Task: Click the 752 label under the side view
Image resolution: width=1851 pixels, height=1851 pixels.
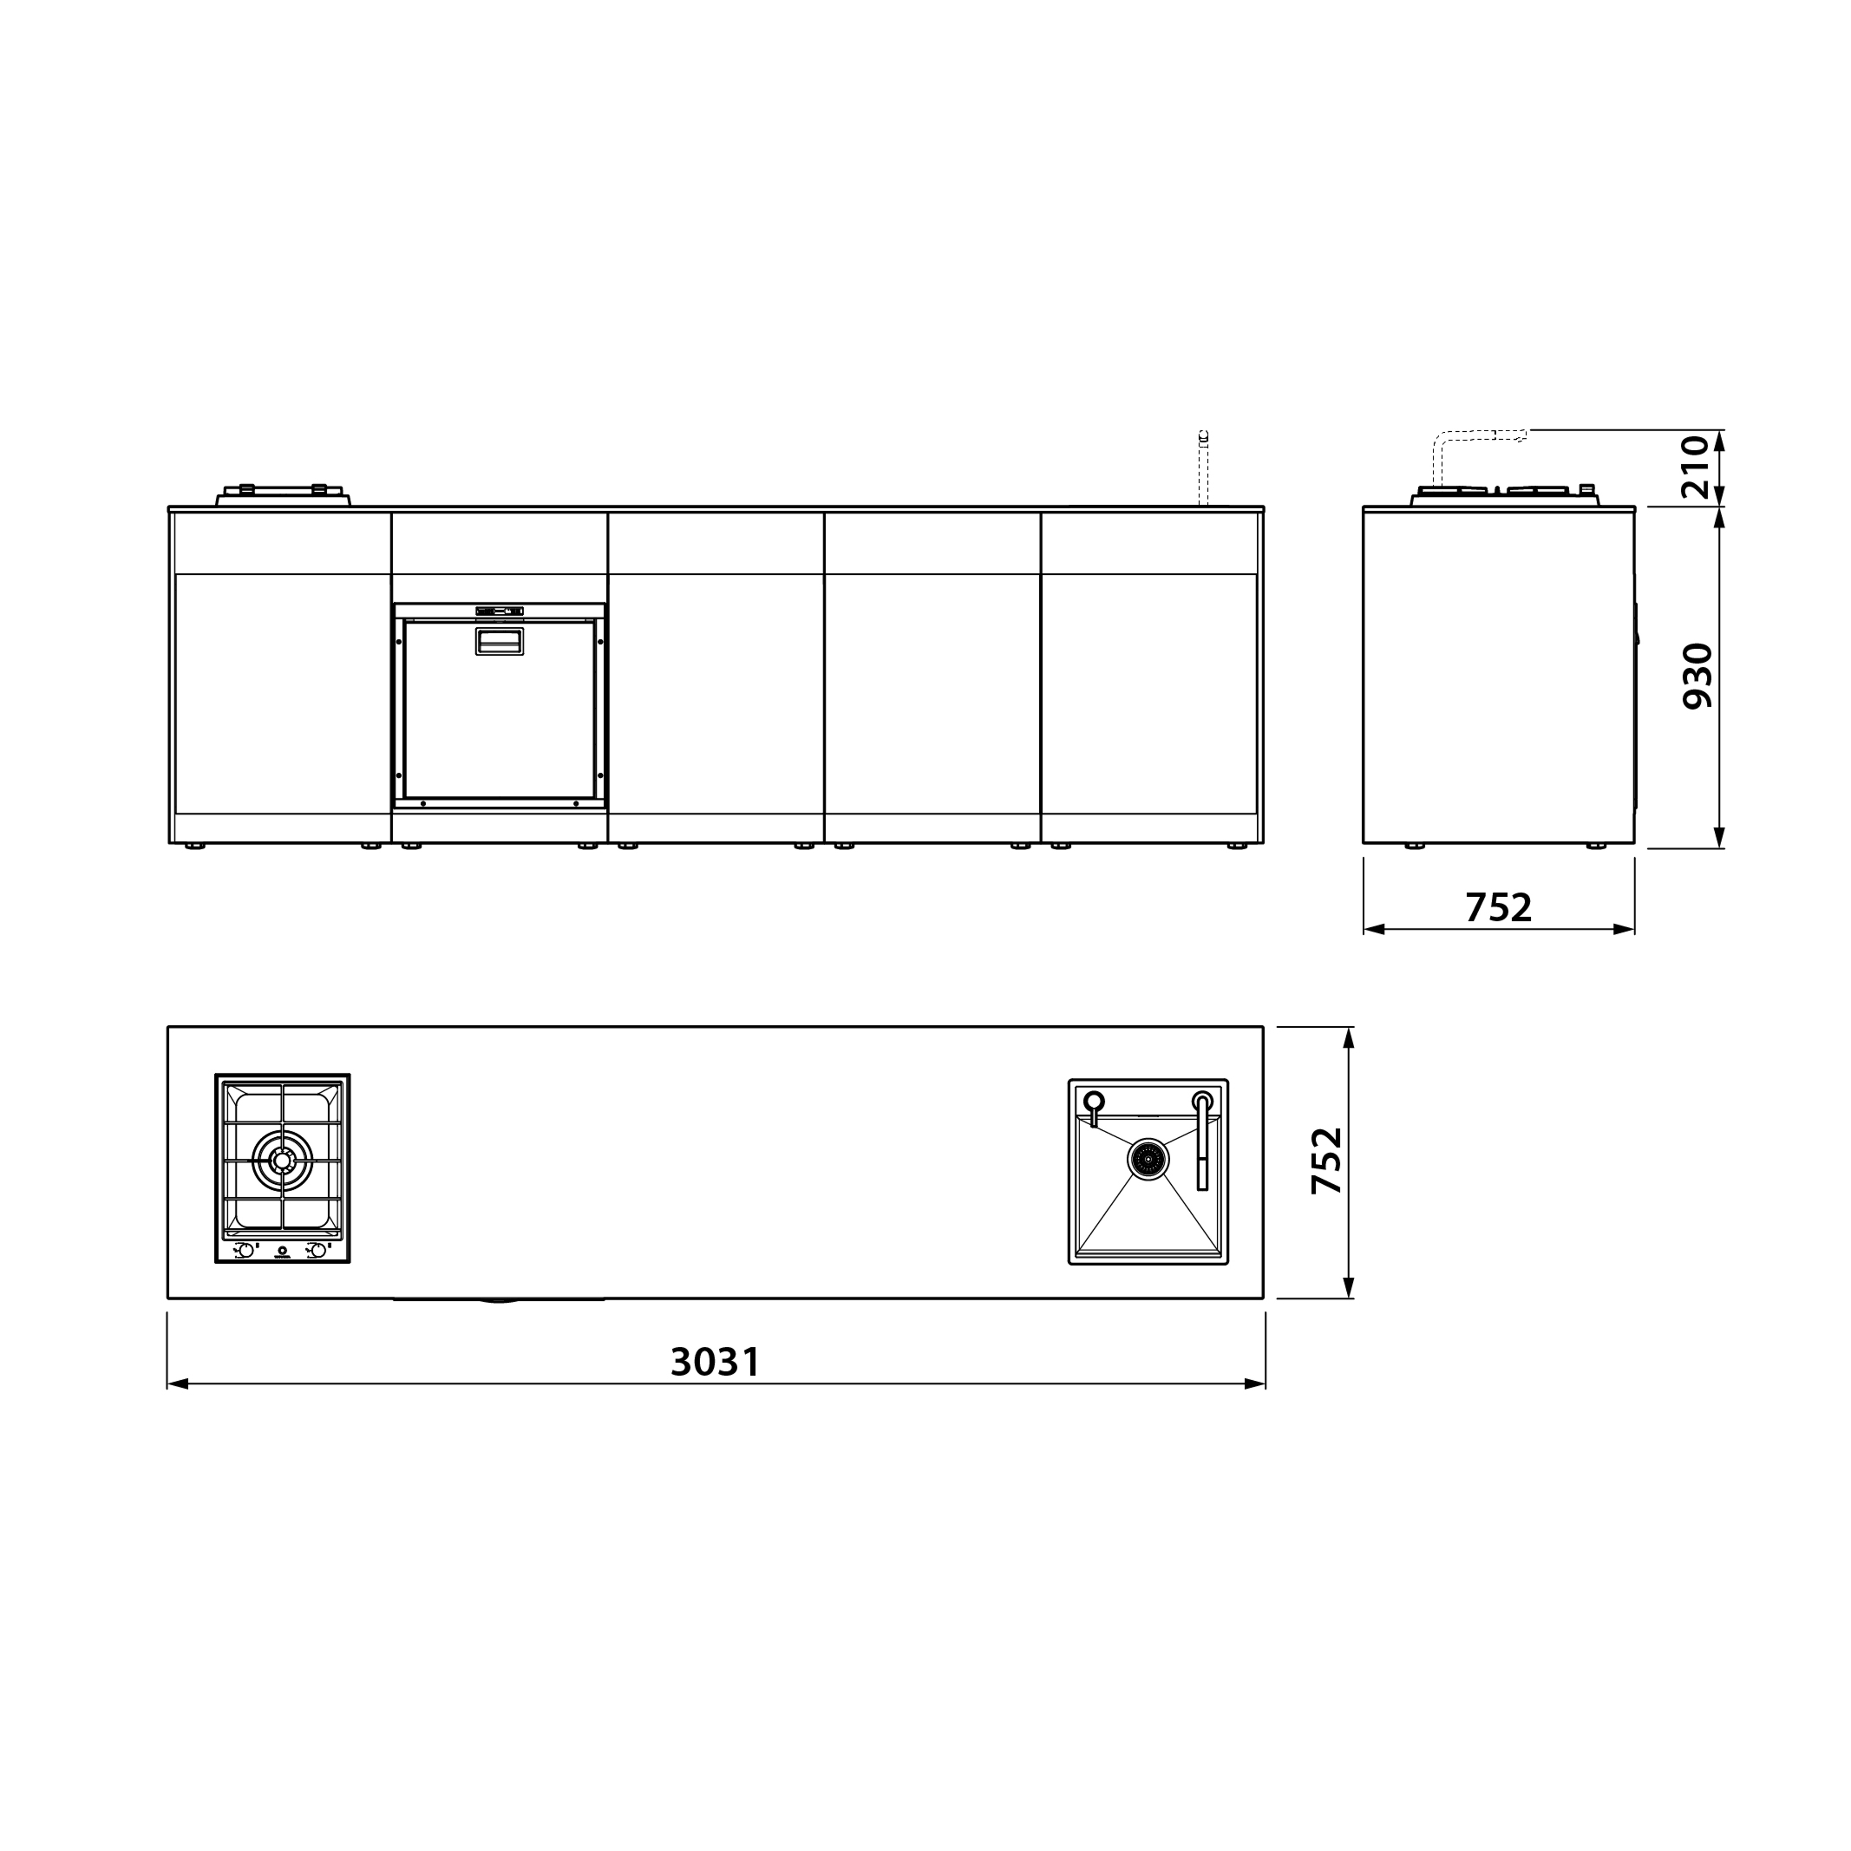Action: pyautogui.click(x=1499, y=907)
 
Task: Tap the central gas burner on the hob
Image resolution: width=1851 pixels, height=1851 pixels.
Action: pyautogui.click(x=282, y=1160)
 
